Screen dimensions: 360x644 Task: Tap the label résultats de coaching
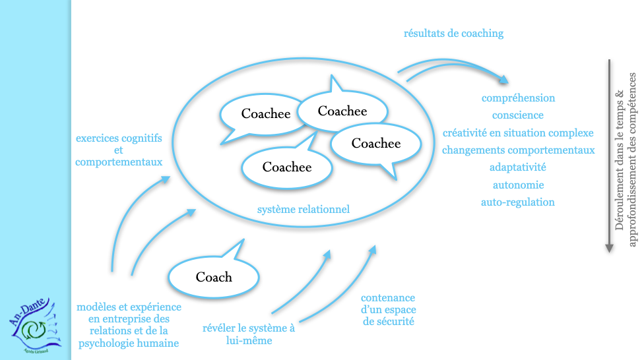point(453,33)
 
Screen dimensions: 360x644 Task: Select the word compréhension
point(518,98)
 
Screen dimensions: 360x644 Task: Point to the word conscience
point(518,115)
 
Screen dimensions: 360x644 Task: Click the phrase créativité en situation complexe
point(518,133)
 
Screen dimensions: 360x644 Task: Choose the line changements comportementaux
point(518,150)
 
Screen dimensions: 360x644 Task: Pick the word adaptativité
point(518,167)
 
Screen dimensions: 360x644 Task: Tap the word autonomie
point(518,185)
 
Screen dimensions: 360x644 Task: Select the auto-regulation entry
point(518,202)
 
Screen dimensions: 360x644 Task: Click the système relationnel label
point(303,210)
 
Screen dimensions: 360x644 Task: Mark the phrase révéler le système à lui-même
point(248,334)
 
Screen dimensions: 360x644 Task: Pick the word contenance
point(388,298)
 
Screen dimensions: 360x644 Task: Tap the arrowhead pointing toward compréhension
point(505,80)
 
